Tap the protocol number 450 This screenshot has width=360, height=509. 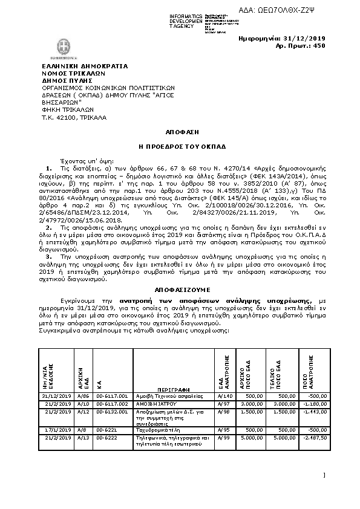319,45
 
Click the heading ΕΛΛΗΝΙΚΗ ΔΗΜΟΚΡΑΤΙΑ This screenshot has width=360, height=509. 76,65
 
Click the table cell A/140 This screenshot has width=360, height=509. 225,395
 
